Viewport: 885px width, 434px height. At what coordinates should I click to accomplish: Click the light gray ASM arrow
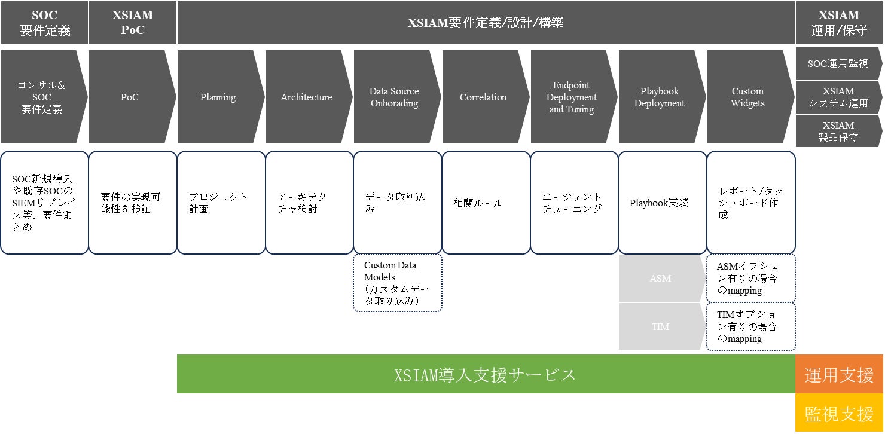pos(663,279)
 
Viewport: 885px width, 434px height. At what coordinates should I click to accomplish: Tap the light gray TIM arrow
pos(663,326)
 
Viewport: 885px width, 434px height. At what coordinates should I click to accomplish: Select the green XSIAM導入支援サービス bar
pos(486,374)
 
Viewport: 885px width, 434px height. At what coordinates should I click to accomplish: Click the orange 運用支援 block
pos(839,374)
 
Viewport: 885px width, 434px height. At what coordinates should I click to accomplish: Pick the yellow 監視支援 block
pos(839,412)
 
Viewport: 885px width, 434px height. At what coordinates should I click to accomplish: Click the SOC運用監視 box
pos(839,63)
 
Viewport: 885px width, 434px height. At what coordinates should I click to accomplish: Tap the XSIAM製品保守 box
pos(839,131)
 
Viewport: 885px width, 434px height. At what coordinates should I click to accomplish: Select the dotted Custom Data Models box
pos(398,283)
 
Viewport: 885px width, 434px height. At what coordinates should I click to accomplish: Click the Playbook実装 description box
pos(663,203)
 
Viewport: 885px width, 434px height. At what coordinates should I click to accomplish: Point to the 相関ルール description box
pos(486,203)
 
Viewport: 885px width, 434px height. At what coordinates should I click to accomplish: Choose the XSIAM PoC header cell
pos(133,22)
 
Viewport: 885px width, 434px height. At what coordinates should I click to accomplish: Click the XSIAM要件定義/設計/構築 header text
pos(486,23)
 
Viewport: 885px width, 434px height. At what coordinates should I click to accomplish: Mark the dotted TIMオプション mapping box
pos(751,326)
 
